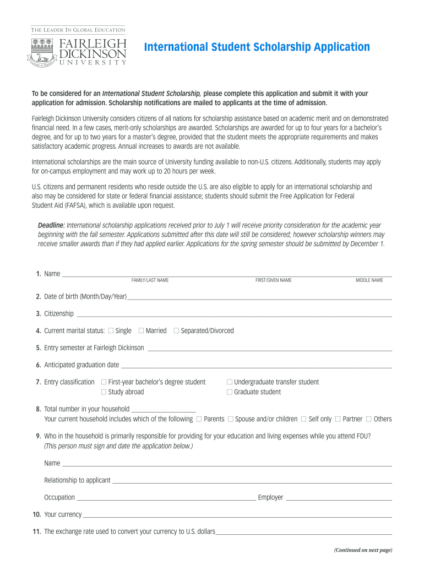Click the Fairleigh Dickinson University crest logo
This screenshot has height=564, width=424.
click(x=42, y=52)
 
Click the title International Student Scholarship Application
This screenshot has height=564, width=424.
click(x=257, y=47)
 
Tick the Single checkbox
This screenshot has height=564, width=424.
click(x=111, y=330)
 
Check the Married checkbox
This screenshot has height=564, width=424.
click(x=141, y=330)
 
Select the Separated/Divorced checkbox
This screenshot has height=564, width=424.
click(x=176, y=330)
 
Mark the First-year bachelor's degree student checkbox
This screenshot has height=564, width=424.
click(x=104, y=382)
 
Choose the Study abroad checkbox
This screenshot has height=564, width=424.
click(x=104, y=392)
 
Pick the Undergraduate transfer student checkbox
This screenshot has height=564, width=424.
click(x=229, y=382)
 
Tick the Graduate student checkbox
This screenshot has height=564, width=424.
click(x=229, y=392)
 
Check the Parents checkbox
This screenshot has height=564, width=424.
click(x=199, y=419)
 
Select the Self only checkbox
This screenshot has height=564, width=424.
click(x=303, y=419)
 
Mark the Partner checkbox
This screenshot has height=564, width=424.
click(x=338, y=419)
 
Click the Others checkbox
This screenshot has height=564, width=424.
click(x=369, y=419)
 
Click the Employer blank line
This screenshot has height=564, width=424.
click(x=339, y=498)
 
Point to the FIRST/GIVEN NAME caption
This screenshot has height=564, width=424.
click(x=273, y=280)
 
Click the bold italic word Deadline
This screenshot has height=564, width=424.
click(x=51, y=225)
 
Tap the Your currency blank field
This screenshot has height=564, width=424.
click(x=237, y=515)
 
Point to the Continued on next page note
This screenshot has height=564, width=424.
click(x=363, y=550)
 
